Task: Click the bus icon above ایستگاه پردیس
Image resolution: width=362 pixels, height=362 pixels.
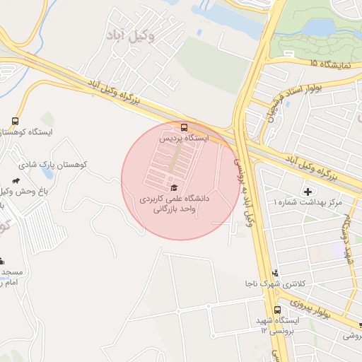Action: click(x=185, y=128)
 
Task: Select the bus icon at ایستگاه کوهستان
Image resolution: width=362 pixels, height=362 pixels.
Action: click(x=16, y=121)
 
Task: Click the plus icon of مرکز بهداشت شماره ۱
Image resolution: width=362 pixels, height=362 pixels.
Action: click(x=308, y=192)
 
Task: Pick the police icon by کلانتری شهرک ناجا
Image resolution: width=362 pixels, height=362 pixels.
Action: click(x=275, y=273)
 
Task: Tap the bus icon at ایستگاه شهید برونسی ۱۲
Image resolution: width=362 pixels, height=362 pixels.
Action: click(x=277, y=310)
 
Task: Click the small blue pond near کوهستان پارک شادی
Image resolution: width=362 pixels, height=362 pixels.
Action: click(x=47, y=171)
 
